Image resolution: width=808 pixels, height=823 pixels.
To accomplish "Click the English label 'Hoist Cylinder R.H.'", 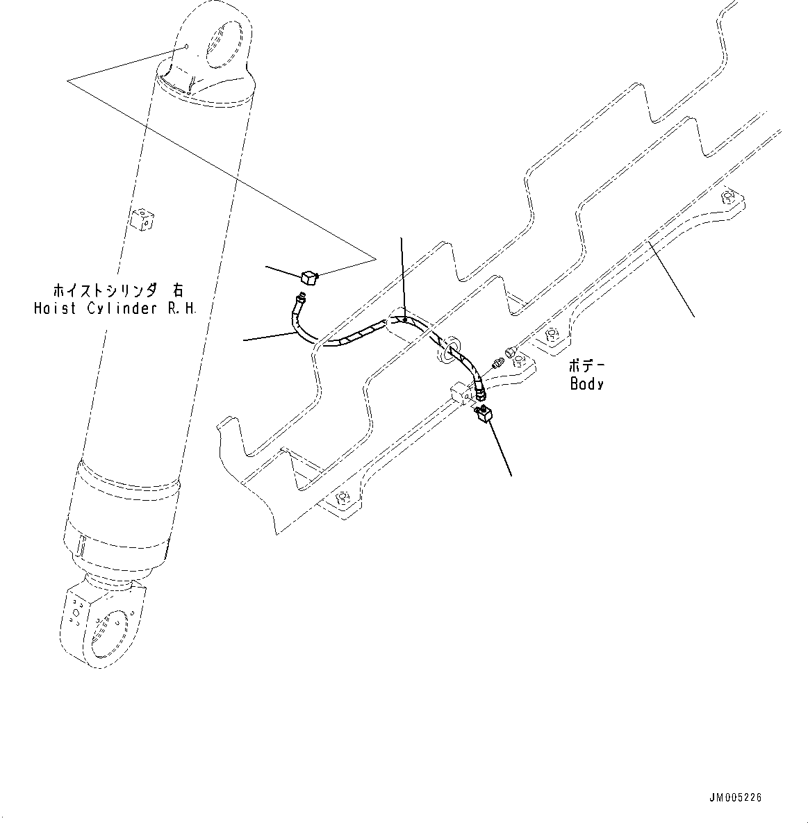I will click(x=115, y=308).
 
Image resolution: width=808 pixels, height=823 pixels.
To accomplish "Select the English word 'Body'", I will click(x=586, y=383).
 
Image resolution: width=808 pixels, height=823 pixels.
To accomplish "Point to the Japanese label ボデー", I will click(x=586, y=366).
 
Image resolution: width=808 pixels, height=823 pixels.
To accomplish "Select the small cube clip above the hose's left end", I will click(x=309, y=279).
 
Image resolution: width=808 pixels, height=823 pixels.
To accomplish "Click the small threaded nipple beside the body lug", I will click(x=496, y=363).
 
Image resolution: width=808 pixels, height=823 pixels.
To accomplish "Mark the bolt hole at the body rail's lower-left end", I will click(x=341, y=497).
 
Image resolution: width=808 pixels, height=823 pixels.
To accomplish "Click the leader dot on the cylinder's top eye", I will click(x=186, y=47).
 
